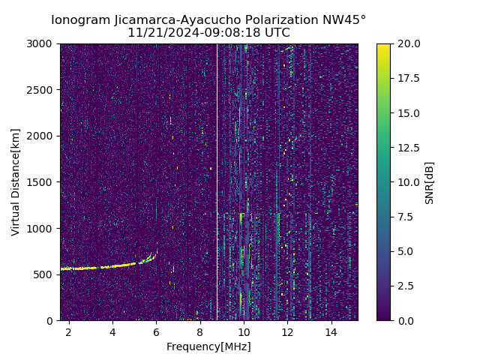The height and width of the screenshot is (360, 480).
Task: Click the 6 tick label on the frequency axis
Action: [x=156, y=332]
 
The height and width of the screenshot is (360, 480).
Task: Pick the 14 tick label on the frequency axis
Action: [x=331, y=332]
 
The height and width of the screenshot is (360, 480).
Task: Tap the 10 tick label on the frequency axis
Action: [x=244, y=332]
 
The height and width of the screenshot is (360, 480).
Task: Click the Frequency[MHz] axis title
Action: [x=208, y=346]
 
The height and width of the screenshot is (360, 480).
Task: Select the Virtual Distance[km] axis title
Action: [x=16, y=182]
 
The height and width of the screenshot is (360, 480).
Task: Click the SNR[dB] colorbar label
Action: [x=430, y=182]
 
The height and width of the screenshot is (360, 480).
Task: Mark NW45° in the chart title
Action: [x=344, y=20]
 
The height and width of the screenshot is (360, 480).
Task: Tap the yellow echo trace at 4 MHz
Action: [x=112, y=266]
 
